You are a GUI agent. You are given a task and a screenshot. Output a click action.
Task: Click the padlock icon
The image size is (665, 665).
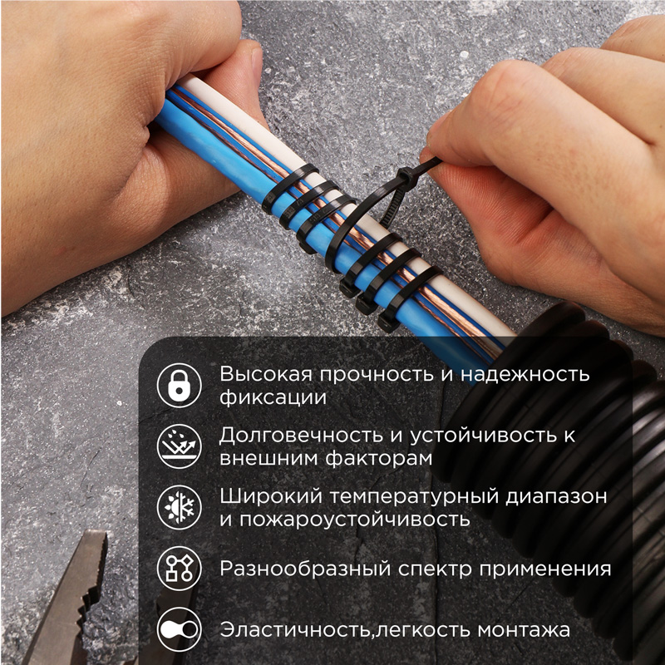click(x=180, y=385)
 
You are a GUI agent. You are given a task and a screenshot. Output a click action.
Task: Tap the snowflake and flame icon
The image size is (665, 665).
click(x=180, y=508)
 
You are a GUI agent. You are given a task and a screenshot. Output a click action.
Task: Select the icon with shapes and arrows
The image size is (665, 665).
click(x=180, y=569)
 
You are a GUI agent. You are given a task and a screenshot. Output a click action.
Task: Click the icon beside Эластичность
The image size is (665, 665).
click(x=180, y=630)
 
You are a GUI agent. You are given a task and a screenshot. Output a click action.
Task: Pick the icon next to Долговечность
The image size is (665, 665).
click(x=180, y=446)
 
